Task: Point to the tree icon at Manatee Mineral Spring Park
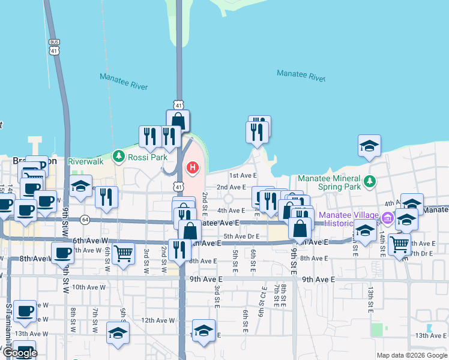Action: [x=370, y=181]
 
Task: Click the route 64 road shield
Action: [x=85, y=220]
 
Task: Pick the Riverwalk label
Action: [x=86, y=161]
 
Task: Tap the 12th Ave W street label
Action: [x=157, y=320]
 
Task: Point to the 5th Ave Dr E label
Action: [x=241, y=236]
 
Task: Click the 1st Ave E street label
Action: [x=243, y=175]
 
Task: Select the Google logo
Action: [x=20, y=353]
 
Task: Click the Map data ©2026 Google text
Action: [x=412, y=356]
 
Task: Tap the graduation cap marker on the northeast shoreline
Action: [x=369, y=146]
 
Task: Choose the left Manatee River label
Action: [x=124, y=82]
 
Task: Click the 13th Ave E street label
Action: [x=430, y=335]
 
